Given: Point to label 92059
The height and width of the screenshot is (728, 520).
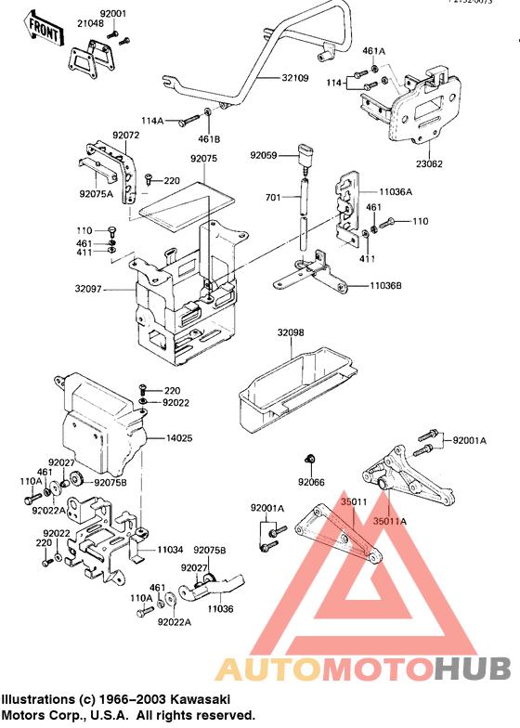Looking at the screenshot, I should [x=264, y=156].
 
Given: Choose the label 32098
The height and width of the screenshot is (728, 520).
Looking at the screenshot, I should [x=291, y=332].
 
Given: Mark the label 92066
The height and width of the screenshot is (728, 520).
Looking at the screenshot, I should [x=311, y=482].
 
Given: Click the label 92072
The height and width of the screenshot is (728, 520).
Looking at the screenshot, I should [x=99, y=136].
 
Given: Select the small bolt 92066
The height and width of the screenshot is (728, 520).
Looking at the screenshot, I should [x=312, y=459].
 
